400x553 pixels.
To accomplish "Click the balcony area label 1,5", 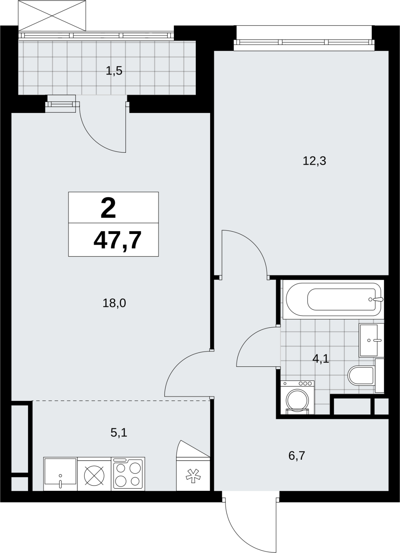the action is (114, 71).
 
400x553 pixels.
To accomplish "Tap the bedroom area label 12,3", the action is (314, 161).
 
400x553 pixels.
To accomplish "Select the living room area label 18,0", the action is (114, 303).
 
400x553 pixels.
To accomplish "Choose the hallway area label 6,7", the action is (297, 456).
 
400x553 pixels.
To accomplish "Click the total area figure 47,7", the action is (117, 240).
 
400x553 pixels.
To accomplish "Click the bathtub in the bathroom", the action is (333, 299).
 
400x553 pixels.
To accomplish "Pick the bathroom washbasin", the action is (371, 340).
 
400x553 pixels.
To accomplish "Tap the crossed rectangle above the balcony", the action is (52, 16).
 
